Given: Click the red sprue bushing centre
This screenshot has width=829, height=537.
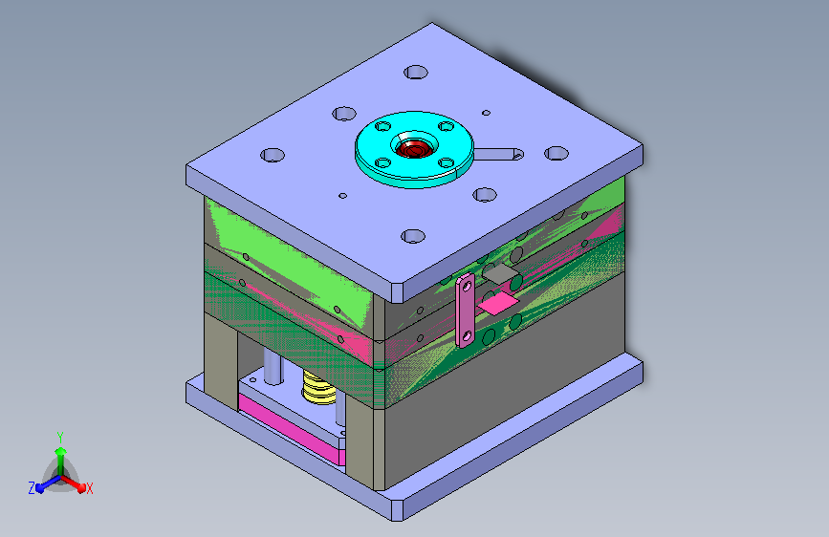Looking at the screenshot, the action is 413,149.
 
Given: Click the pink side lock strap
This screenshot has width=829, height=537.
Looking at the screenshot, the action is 466,310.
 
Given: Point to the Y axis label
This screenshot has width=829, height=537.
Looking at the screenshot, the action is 60,438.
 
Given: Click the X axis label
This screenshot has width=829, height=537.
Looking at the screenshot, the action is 89,488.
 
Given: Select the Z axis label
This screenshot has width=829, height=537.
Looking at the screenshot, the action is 32,488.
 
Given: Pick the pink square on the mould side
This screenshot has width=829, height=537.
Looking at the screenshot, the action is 498,305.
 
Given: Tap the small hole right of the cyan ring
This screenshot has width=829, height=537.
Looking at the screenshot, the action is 486,113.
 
